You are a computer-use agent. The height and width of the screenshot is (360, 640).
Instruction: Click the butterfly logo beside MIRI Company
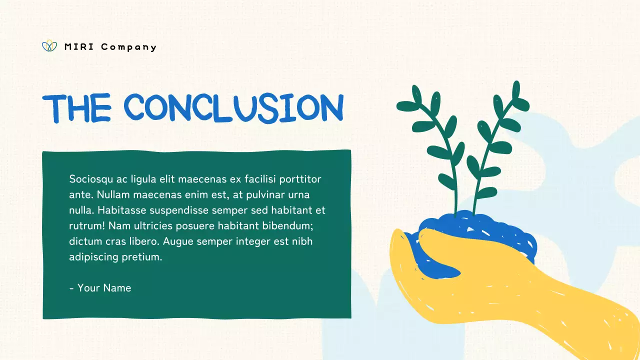[x=49, y=46]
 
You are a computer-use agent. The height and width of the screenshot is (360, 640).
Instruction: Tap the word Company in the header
[x=128, y=47]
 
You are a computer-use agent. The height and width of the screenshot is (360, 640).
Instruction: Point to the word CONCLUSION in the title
[x=233, y=107]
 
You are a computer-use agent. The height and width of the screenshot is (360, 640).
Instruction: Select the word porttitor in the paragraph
[x=299, y=179]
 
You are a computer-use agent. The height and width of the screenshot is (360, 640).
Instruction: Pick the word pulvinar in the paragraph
[x=264, y=194]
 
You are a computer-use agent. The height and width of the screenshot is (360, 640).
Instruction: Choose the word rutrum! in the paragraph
[x=86, y=226]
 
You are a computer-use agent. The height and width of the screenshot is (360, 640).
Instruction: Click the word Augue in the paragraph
[x=178, y=241]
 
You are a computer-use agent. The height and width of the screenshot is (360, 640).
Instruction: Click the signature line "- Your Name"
[x=100, y=288]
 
